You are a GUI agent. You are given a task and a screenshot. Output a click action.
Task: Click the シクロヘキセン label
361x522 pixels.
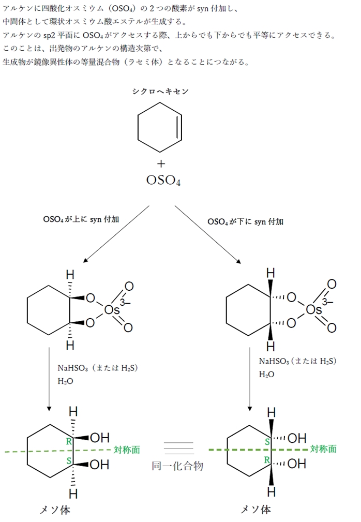coord(160,91)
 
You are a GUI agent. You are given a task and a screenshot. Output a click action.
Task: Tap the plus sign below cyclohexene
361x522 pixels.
coord(161,164)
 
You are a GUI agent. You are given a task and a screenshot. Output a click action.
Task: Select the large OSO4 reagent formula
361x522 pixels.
coord(163,182)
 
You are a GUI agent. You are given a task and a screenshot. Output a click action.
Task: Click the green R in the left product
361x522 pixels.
coord(68,441)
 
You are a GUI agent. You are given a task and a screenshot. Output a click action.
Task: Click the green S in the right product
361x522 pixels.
coord(267,442)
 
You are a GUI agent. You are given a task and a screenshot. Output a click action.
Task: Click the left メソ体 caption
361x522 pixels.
coord(55,510)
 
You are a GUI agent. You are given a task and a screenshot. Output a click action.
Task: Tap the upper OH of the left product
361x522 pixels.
coord(99,438)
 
